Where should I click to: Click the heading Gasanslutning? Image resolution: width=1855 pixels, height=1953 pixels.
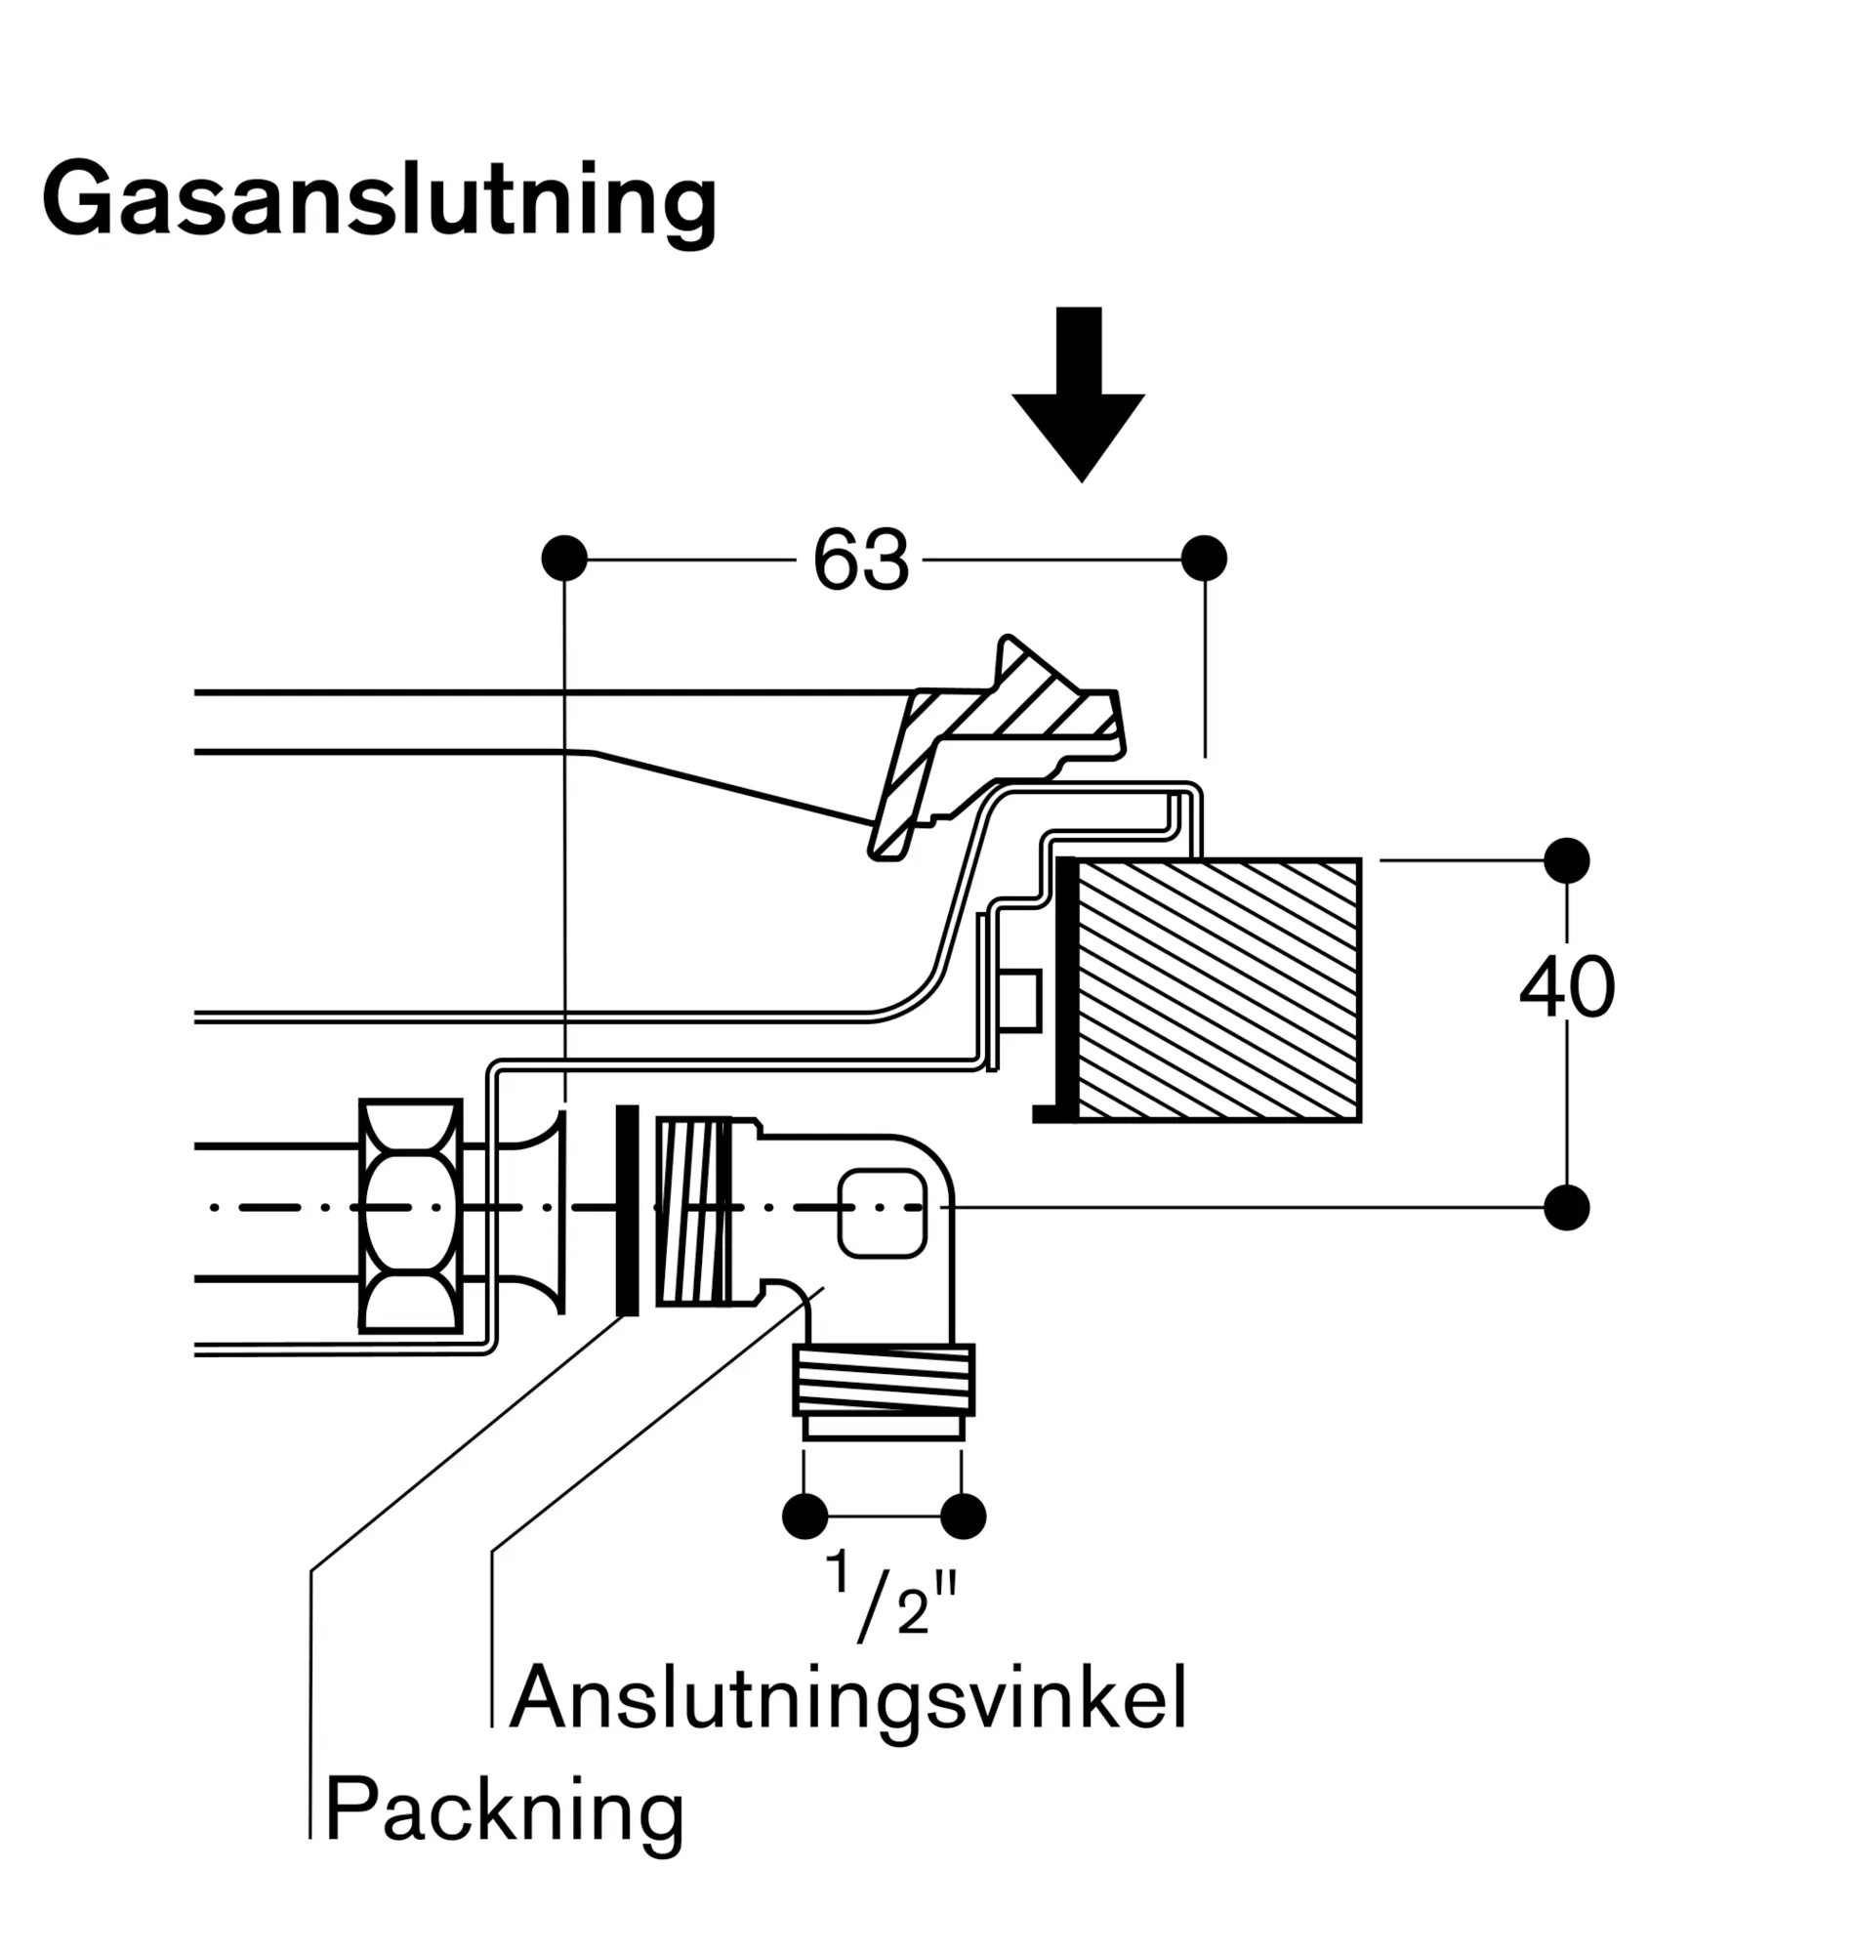click(380, 200)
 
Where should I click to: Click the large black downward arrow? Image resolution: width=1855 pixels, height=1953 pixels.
click(1078, 395)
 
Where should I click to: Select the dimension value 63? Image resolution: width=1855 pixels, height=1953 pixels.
click(859, 561)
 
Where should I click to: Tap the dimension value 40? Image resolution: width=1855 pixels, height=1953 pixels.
click(1566, 988)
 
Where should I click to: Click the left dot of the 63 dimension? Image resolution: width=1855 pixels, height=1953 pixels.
click(563, 559)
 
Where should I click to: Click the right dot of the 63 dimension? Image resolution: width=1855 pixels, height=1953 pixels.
click(1205, 559)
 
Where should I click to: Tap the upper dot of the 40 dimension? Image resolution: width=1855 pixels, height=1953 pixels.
click(1566, 860)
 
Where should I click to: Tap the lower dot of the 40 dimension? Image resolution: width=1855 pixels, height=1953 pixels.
click(1566, 1207)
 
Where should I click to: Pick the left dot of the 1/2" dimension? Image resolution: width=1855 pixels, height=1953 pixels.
click(804, 1517)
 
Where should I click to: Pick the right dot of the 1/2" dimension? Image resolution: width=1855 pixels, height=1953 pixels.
click(963, 1517)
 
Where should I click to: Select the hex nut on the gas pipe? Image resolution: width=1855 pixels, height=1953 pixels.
click(410, 1216)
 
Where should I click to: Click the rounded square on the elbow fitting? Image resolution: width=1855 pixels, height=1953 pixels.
click(882, 1214)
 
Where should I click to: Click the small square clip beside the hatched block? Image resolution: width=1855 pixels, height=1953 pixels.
click(1020, 1001)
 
